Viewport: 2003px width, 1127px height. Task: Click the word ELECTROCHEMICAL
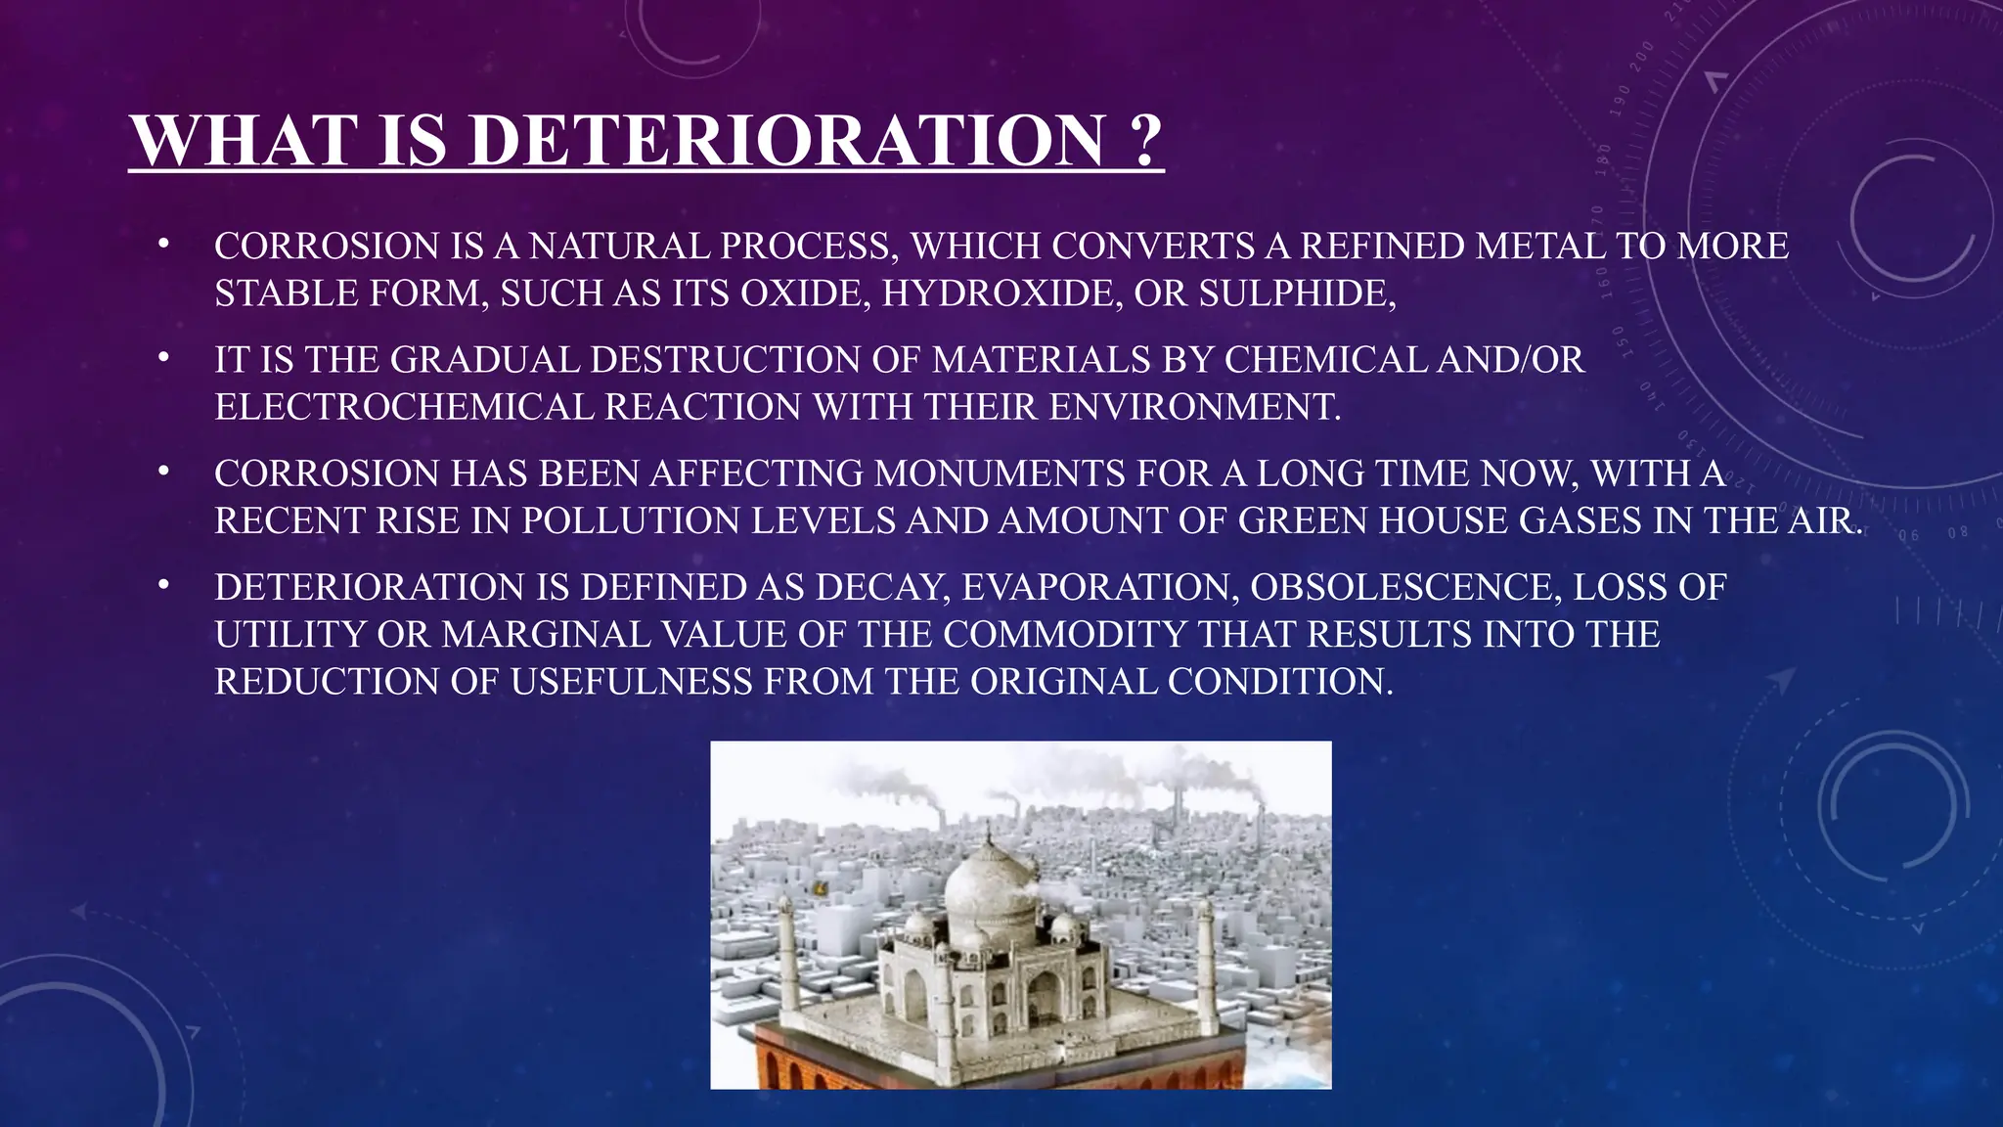click(404, 406)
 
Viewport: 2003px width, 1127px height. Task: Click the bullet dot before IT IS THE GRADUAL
click(163, 358)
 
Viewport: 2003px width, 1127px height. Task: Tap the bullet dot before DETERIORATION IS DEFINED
click(163, 585)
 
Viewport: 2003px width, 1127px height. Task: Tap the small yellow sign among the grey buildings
click(819, 888)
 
